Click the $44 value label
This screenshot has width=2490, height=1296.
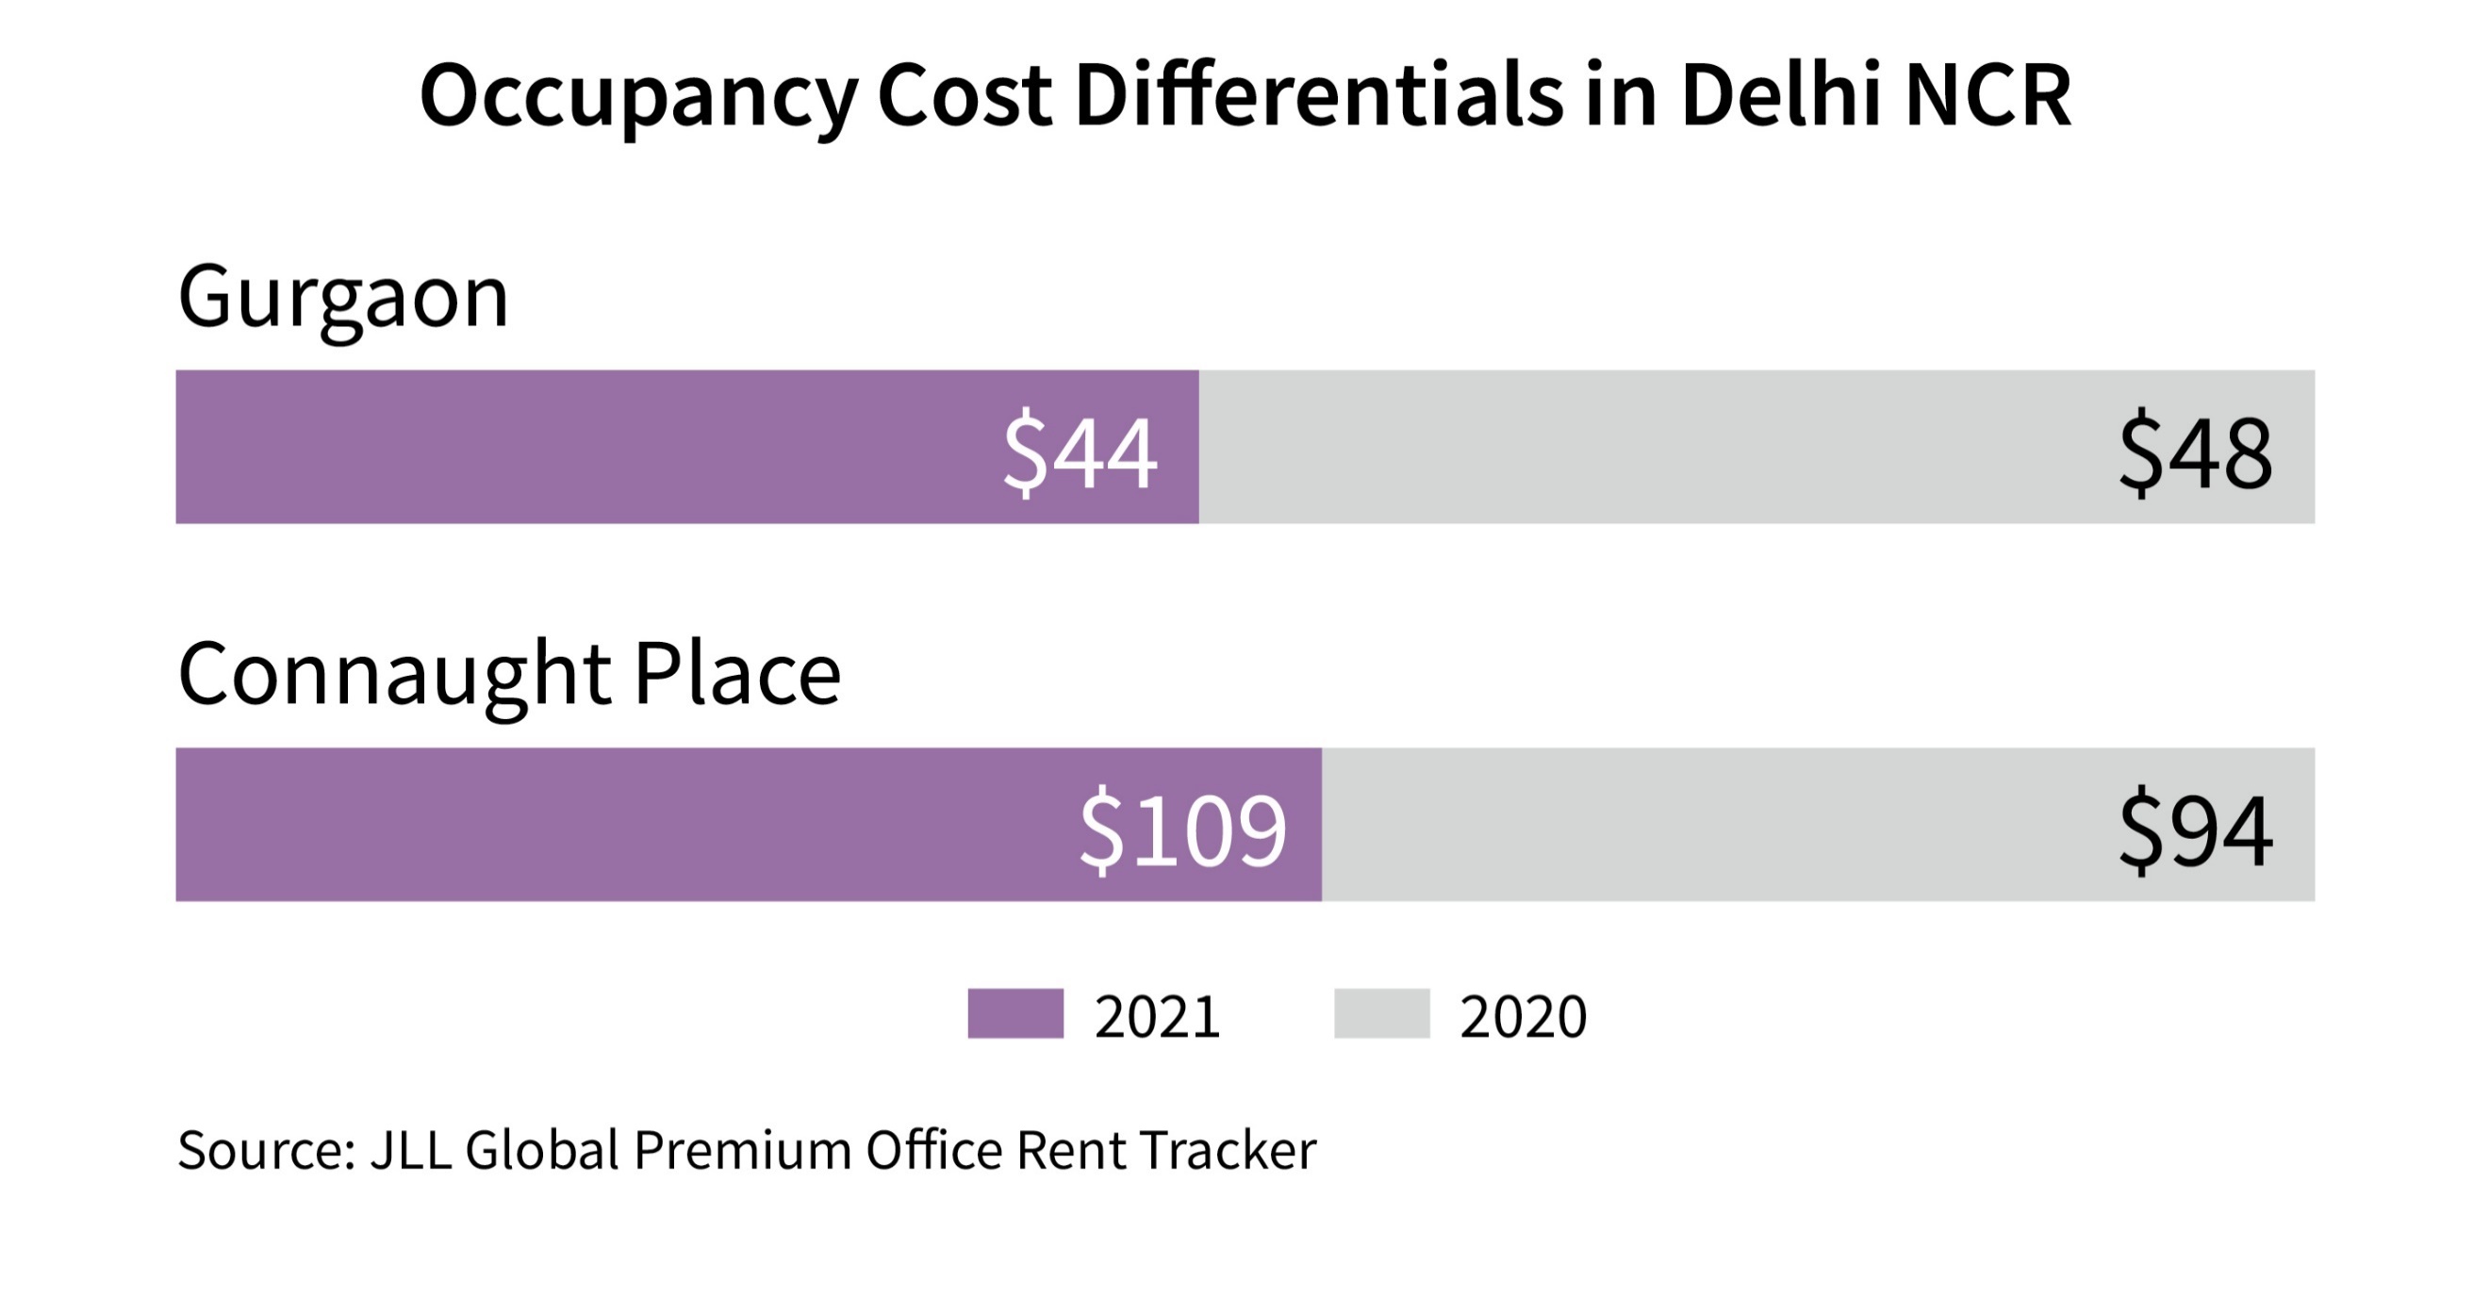1079,451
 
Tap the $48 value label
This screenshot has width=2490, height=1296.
2194,451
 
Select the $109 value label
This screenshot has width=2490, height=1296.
1182,829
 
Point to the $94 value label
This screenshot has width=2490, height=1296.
2194,829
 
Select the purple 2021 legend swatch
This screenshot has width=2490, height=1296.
1014,1014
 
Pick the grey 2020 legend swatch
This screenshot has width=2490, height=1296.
1381,1014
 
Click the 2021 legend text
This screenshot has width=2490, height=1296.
1157,1017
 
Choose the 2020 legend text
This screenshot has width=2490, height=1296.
1523,1017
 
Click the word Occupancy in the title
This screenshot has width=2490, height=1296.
638,97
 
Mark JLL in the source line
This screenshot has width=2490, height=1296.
411,1150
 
